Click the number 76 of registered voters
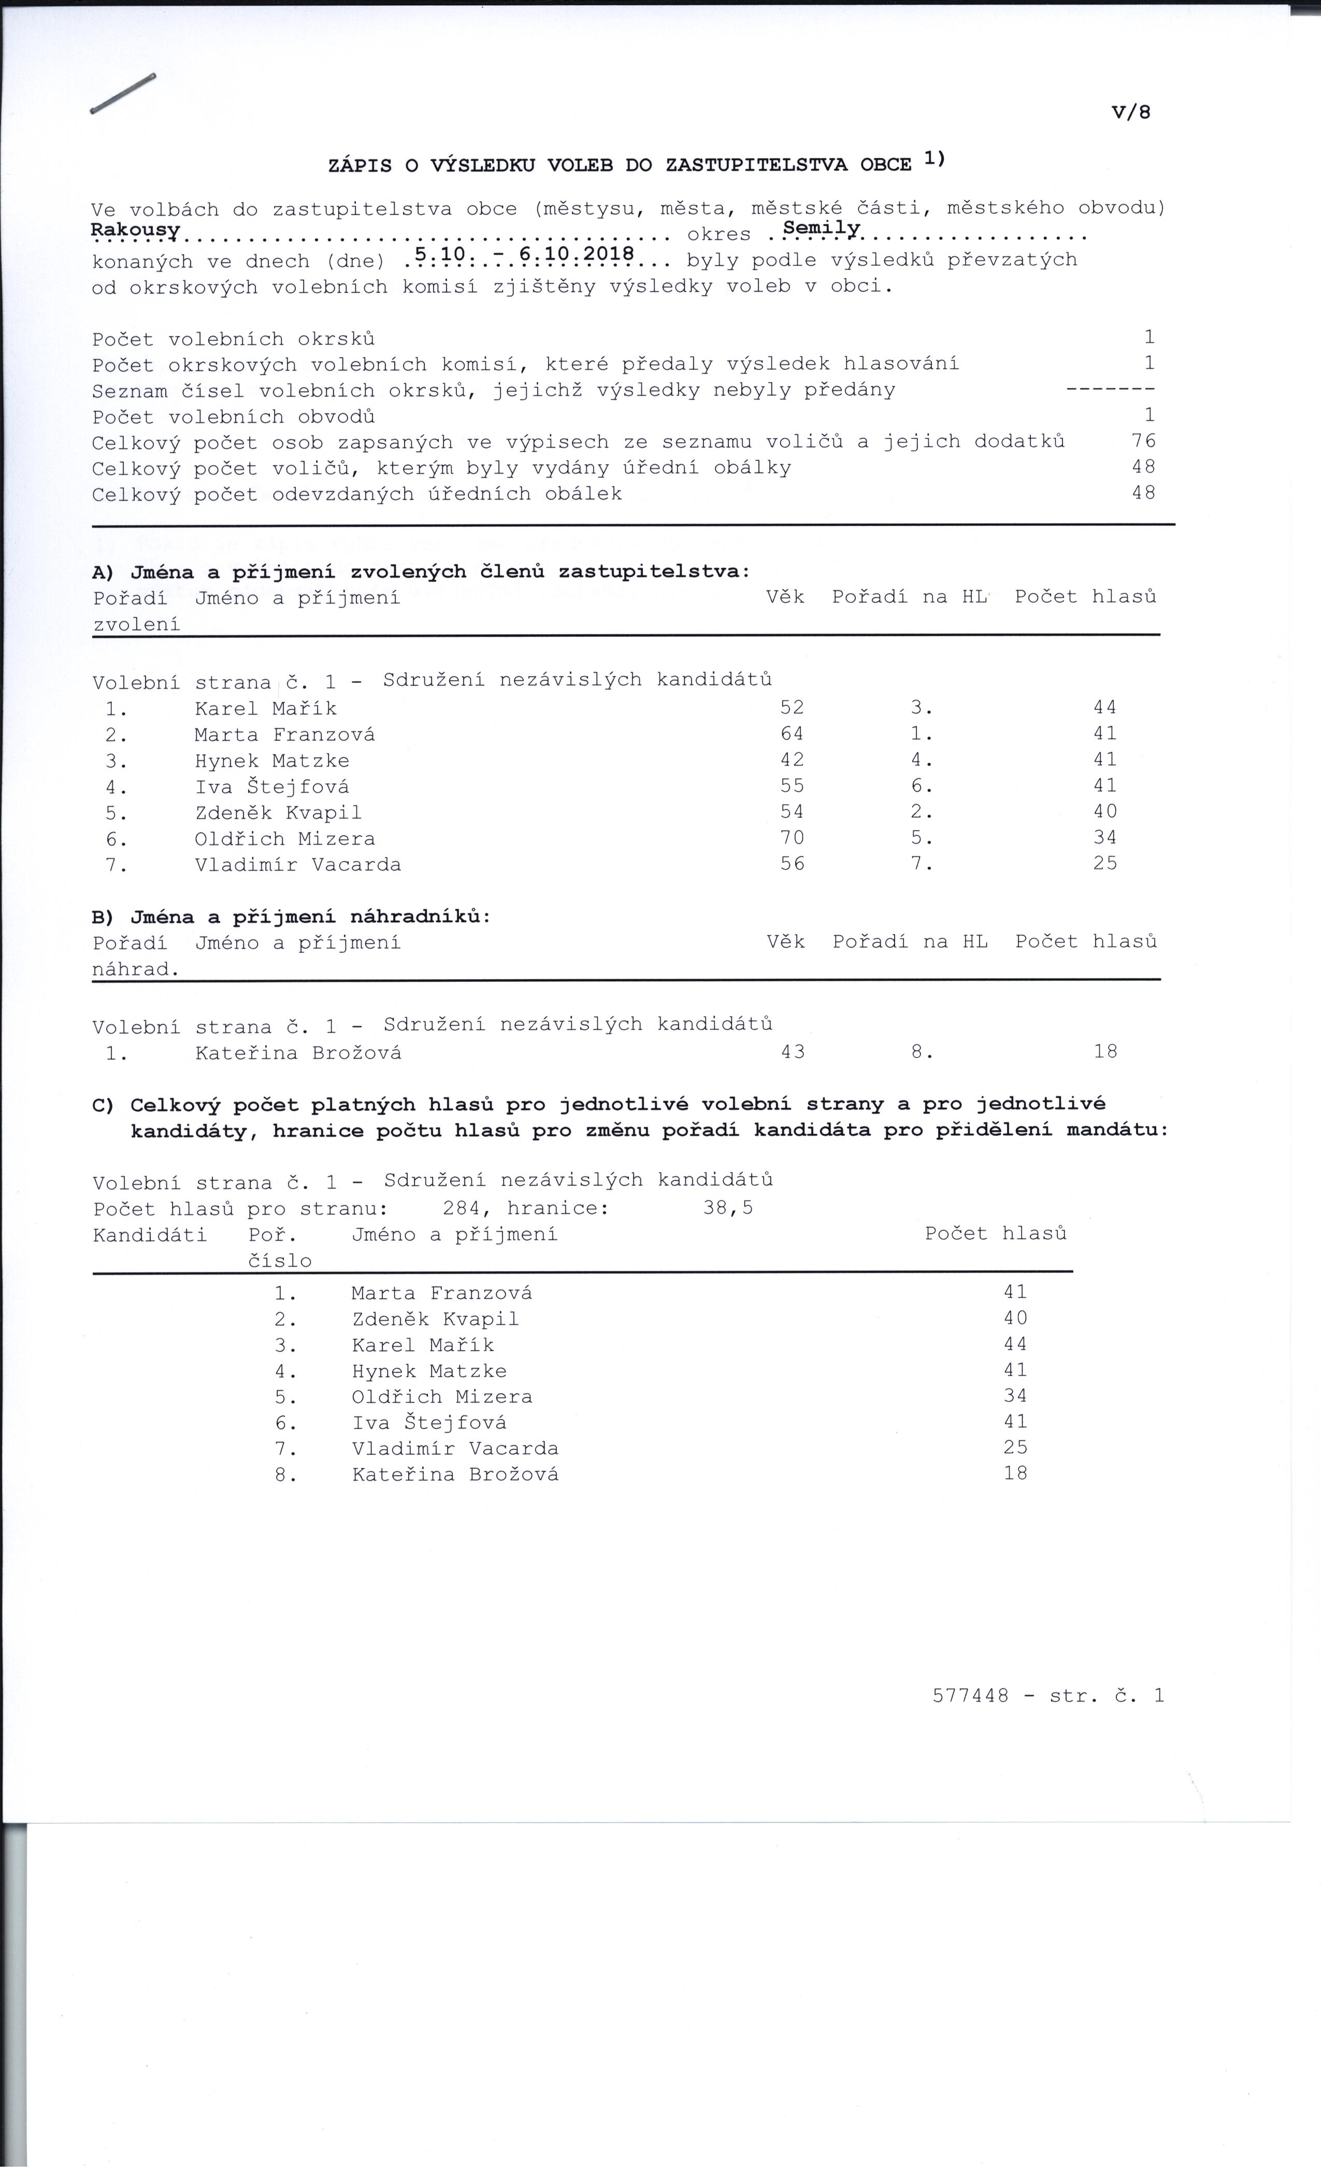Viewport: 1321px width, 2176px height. pyautogui.click(x=1143, y=441)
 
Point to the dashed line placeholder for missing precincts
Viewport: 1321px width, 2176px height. pyautogui.click(x=1110, y=390)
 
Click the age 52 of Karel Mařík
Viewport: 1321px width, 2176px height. pyautogui.click(x=792, y=707)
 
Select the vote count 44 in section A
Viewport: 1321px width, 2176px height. pyautogui.click(x=1104, y=707)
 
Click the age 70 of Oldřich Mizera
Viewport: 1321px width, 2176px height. pyautogui.click(x=792, y=837)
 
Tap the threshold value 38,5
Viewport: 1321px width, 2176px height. pyautogui.click(x=728, y=1207)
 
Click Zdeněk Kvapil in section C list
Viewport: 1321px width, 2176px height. pyautogui.click(x=435, y=1320)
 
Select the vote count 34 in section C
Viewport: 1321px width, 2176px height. pyautogui.click(x=1015, y=1396)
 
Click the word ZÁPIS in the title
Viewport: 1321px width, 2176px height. pyautogui.click(x=360, y=165)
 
